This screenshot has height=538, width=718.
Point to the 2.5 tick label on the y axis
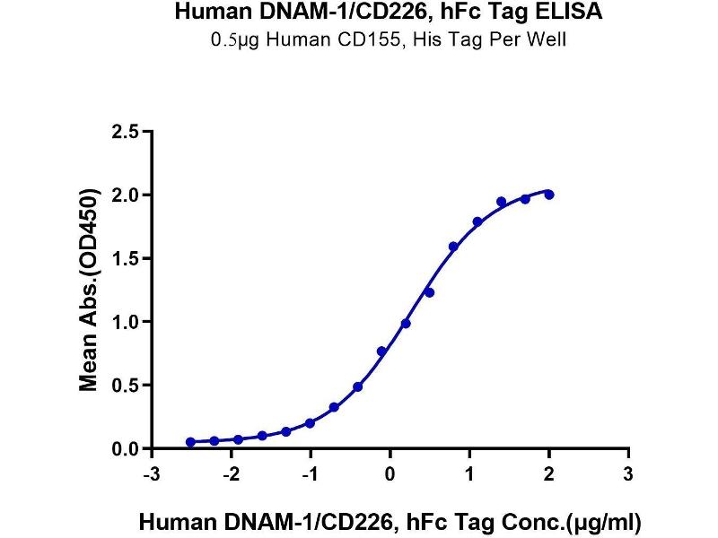(127, 132)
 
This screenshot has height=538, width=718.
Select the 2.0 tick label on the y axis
(127, 195)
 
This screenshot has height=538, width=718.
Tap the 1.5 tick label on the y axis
(127, 258)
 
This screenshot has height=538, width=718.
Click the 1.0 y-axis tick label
(127, 322)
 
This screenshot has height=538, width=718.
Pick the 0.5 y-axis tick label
(127, 386)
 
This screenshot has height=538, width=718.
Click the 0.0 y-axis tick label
(127, 448)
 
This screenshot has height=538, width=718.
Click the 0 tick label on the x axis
(390, 473)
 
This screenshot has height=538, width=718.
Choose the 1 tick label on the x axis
(469, 473)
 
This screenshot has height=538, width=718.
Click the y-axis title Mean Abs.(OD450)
(89, 291)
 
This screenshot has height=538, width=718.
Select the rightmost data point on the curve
(549, 195)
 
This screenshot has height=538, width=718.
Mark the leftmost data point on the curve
(190, 442)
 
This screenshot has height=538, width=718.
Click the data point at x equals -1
(310, 423)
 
